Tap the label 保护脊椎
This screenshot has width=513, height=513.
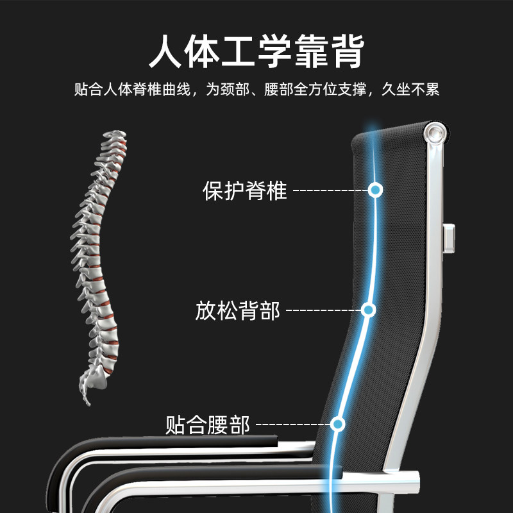(245, 191)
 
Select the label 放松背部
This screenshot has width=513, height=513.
(238, 311)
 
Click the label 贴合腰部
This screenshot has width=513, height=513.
(208, 425)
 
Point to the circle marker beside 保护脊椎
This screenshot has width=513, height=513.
(376, 190)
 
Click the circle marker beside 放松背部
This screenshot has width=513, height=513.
(367, 310)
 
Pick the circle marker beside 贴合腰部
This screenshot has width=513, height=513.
(338, 424)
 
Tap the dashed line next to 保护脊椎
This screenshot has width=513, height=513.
(330, 190)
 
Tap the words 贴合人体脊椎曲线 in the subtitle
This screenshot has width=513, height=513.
(132, 89)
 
